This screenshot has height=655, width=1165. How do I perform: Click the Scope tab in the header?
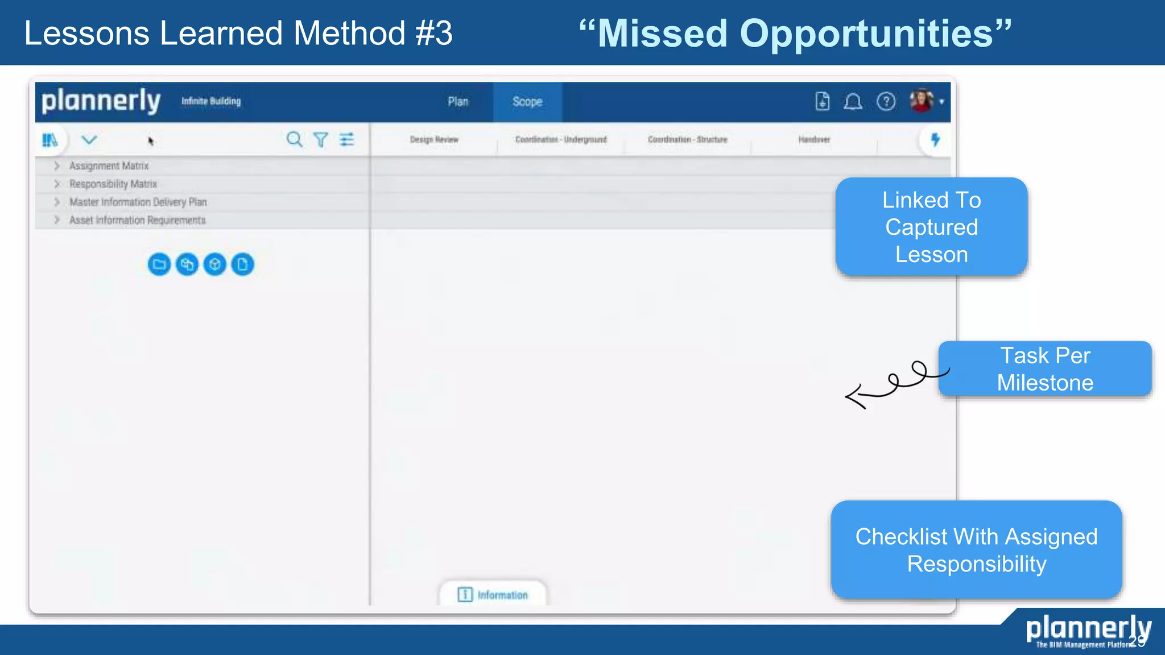click(527, 102)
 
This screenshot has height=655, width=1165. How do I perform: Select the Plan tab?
click(458, 102)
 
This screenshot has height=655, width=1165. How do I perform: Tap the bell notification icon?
click(853, 102)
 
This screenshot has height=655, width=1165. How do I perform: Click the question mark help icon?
click(886, 102)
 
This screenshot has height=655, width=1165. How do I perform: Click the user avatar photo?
click(922, 101)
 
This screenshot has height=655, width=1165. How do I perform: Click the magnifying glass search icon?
click(294, 139)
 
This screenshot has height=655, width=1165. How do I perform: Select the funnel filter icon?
click(321, 139)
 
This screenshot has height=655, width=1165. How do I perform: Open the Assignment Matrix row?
click(109, 166)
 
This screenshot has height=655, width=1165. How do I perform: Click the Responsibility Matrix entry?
click(113, 184)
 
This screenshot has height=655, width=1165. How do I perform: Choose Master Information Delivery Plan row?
click(138, 202)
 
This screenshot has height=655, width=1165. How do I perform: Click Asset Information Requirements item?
click(137, 221)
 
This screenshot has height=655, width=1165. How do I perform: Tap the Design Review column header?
click(434, 140)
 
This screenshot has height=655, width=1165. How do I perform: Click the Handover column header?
click(814, 140)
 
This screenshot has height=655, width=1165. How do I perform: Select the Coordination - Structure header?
click(687, 140)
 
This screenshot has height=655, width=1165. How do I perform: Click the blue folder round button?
click(159, 264)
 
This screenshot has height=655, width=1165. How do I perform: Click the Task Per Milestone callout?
click(1045, 369)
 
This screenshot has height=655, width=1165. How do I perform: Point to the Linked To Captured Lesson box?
click(931, 227)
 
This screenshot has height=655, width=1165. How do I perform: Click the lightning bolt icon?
click(935, 139)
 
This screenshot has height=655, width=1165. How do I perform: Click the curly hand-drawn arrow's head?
click(852, 396)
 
